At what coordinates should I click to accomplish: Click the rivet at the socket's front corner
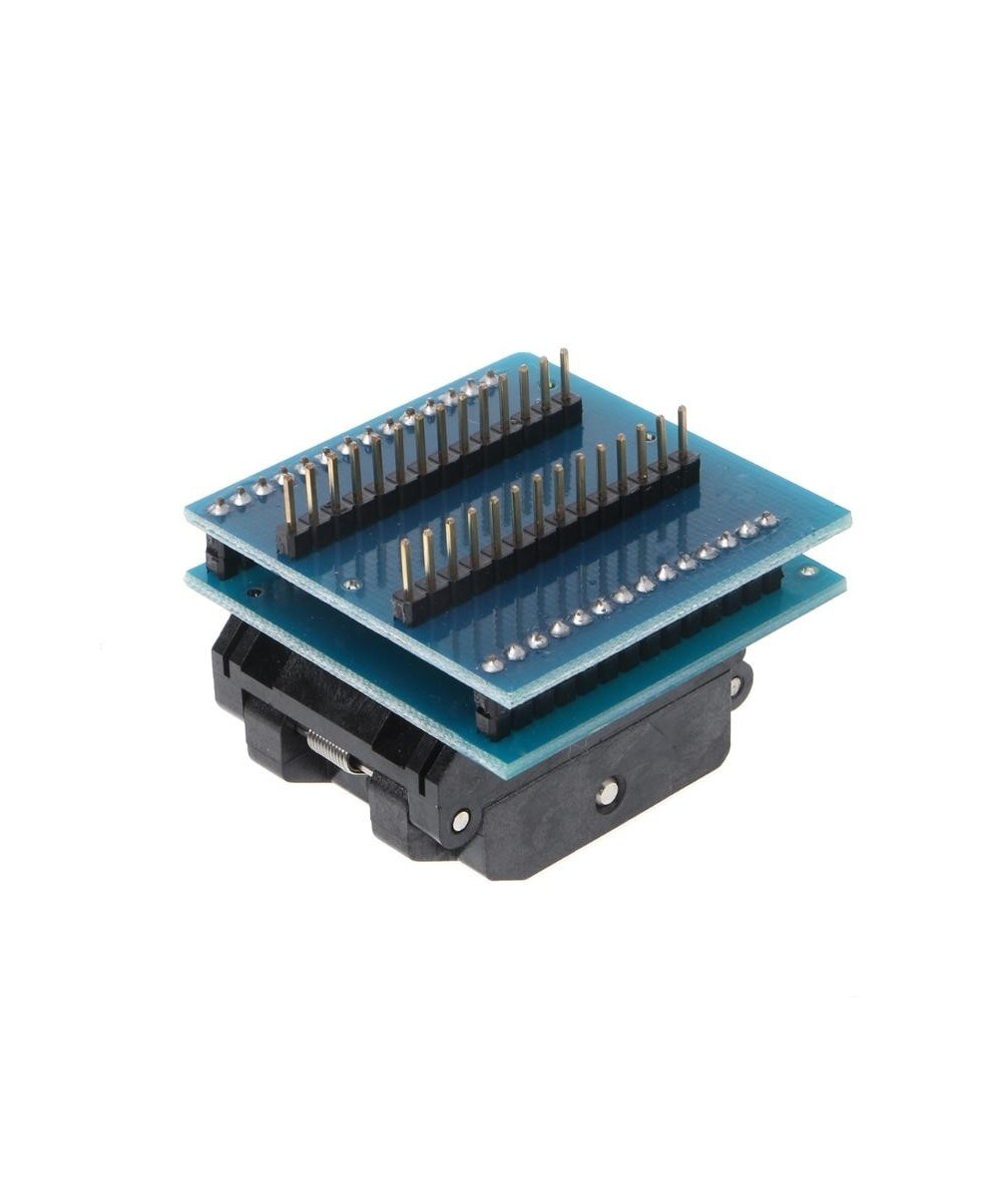[460, 821]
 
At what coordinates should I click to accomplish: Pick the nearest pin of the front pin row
[406, 567]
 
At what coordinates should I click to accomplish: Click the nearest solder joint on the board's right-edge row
[491, 661]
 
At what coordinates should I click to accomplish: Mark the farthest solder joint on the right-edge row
[767, 520]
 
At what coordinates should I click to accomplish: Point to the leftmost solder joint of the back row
[219, 507]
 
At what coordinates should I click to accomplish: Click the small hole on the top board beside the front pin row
[351, 586]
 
